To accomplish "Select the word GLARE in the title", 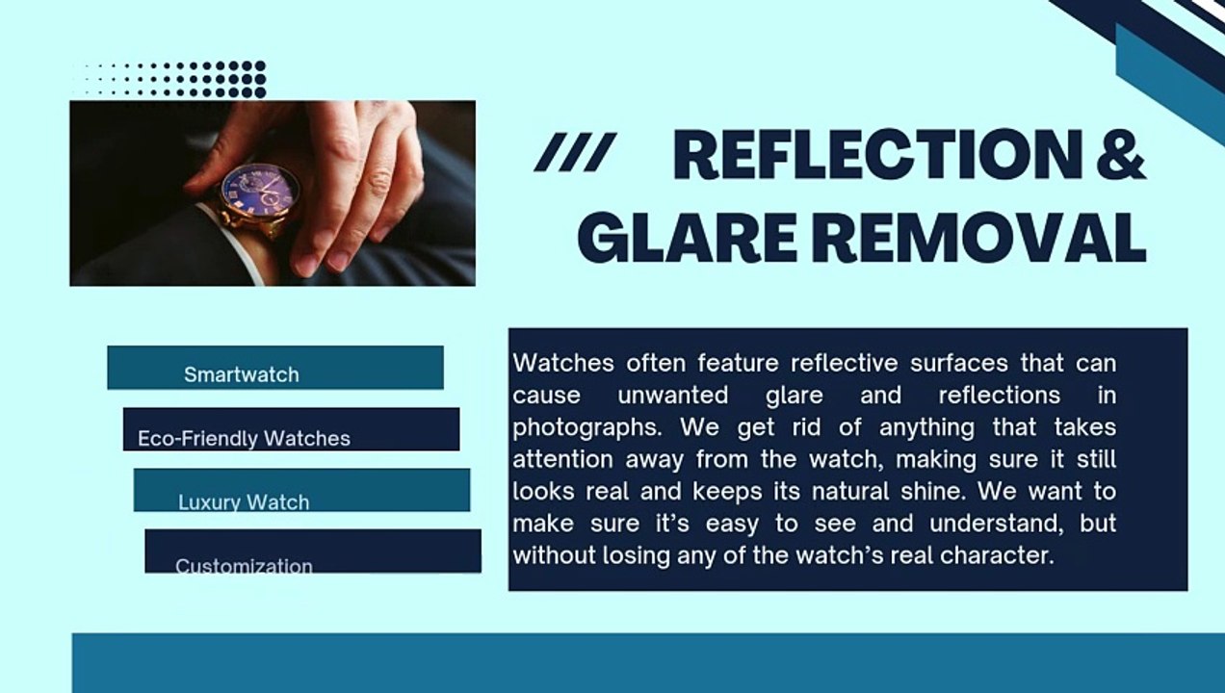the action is click(x=687, y=239).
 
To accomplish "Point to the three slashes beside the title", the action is click(x=575, y=152).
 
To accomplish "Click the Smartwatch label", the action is click(x=241, y=375).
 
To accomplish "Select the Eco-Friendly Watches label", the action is click(x=244, y=438).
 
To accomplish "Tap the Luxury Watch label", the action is click(x=244, y=501).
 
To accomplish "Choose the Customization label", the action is click(x=244, y=565).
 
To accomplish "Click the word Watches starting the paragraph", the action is click(x=563, y=363).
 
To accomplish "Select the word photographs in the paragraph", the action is click(x=586, y=427).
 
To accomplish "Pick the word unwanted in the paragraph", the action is click(x=672, y=396).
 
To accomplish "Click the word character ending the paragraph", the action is click(x=998, y=555).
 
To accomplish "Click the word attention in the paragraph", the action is click(x=562, y=459).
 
